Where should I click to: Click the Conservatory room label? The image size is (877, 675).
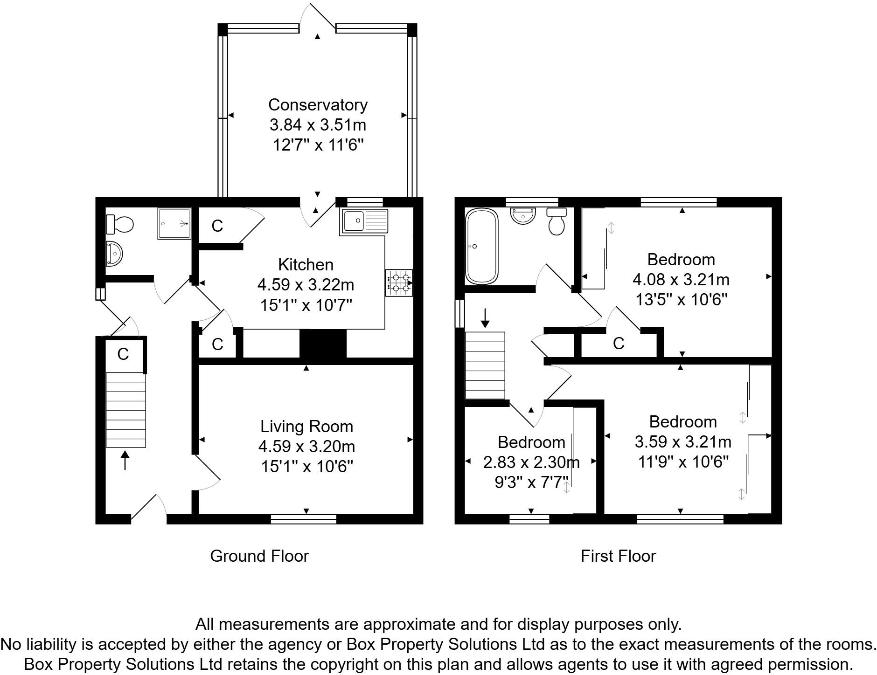(x=318, y=104)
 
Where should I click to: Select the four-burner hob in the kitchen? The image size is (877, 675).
(x=399, y=283)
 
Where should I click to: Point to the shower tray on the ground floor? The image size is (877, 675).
(x=174, y=224)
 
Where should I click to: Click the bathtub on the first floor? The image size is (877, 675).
(x=481, y=246)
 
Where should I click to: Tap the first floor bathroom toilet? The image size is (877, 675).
(x=556, y=221)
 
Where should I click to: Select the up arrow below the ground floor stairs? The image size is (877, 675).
(x=125, y=460)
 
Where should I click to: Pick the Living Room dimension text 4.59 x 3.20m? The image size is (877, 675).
(x=306, y=447)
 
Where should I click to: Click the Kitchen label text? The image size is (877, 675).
(x=306, y=264)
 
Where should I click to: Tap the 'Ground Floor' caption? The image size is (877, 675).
(x=259, y=556)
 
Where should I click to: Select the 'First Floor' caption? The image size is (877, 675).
(x=618, y=556)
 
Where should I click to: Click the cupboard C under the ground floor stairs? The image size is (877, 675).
(x=123, y=354)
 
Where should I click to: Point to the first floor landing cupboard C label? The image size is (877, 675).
(x=618, y=344)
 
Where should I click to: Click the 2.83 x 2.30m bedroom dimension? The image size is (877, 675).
(x=531, y=462)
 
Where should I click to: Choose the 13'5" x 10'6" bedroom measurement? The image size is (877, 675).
(x=682, y=299)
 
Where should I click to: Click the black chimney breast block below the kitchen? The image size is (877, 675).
(x=323, y=344)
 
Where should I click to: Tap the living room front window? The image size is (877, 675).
(x=304, y=519)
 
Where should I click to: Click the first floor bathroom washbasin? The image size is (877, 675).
(x=523, y=216)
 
